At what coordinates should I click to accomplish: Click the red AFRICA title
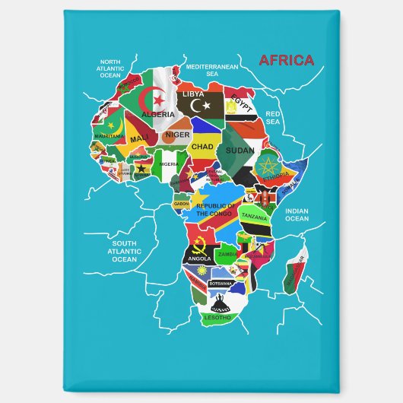(286, 60)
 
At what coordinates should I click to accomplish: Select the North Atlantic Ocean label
(110, 69)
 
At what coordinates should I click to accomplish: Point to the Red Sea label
(274, 117)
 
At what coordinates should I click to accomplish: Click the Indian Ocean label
(297, 214)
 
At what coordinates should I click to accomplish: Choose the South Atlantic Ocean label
(125, 250)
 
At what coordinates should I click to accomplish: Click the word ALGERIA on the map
(159, 113)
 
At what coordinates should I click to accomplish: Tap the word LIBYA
(194, 94)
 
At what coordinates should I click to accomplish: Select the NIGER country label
(177, 135)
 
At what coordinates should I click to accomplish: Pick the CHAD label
(202, 146)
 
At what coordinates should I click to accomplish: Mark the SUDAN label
(240, 151)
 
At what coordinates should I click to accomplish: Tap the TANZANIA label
(255, 216)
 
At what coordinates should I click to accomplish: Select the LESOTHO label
(217, 317)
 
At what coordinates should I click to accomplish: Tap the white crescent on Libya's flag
(199, 104)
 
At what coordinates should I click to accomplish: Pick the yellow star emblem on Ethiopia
(268, 167)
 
